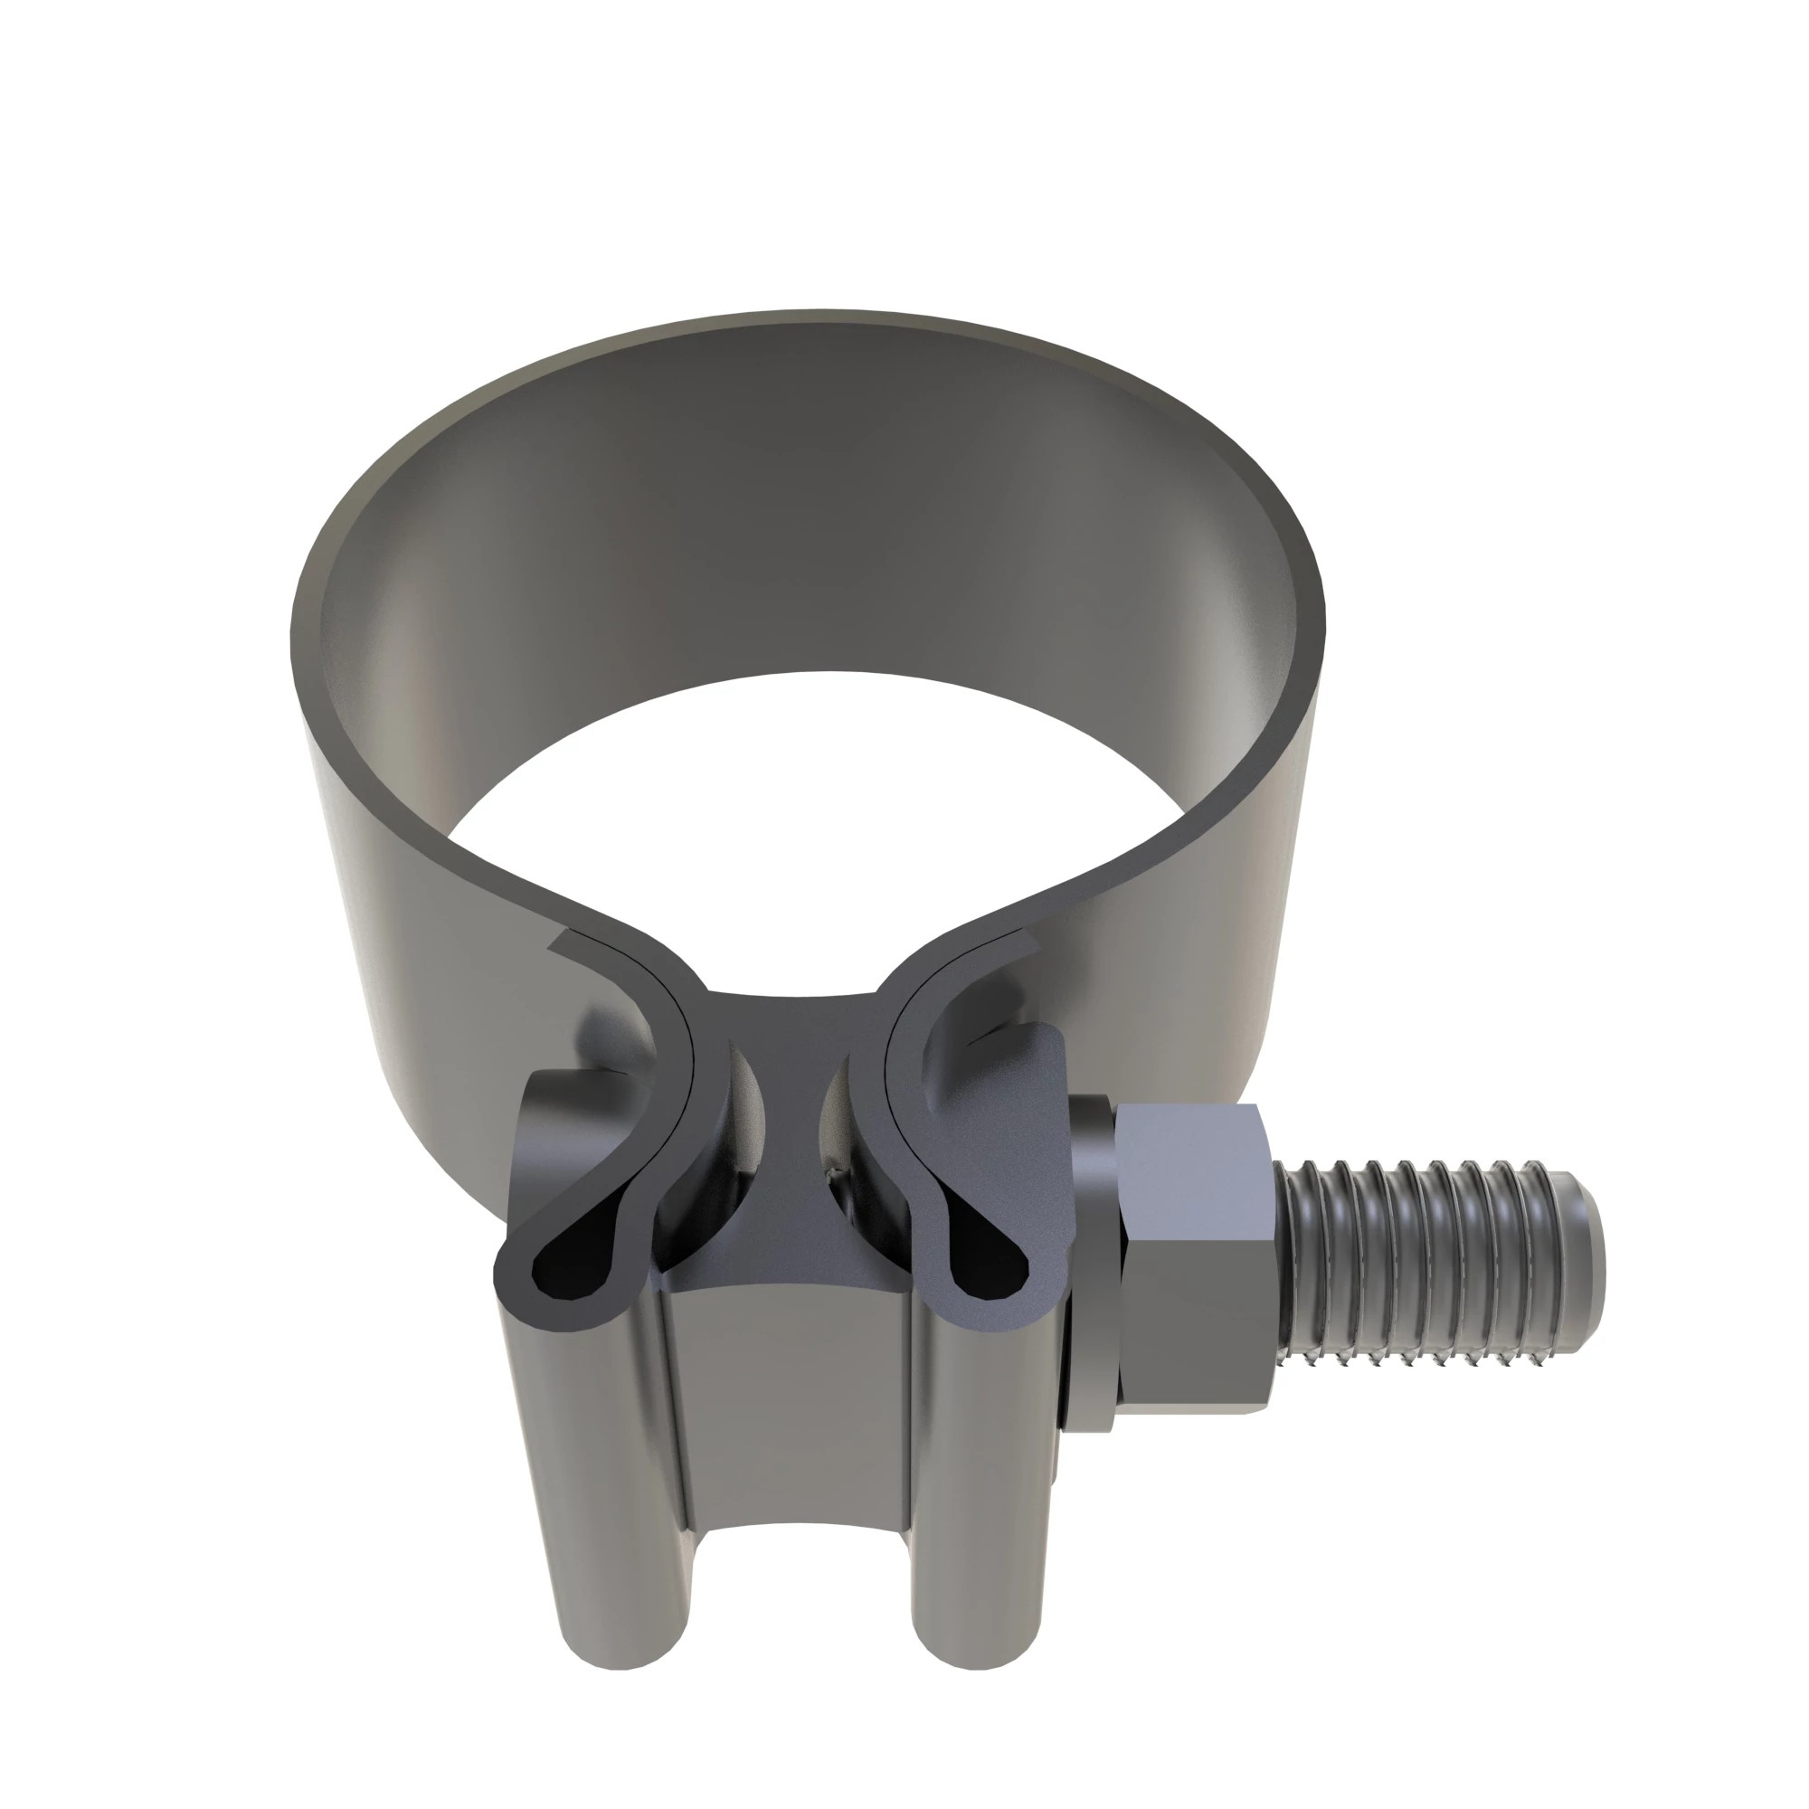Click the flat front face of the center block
click(787, 1405)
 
